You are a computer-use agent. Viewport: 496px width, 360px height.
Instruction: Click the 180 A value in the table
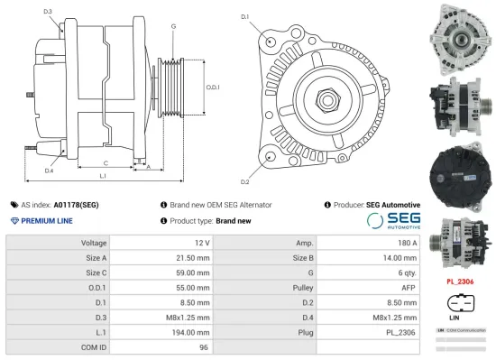[x=407, y=243]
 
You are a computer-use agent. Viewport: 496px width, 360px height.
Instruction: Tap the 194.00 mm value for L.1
[x=189, y=332]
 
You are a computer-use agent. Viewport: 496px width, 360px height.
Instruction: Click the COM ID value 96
[x=204, y=347]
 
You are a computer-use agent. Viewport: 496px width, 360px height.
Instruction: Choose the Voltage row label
[x=94, y=243]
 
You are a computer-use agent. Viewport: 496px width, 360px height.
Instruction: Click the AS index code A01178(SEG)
[x=76, y=205]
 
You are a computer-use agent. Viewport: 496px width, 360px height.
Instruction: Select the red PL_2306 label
[x=460, y=281]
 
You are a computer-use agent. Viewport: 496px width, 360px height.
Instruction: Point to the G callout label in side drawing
[x=173, y=26]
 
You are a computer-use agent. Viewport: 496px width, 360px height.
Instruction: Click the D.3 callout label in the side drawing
[x=47, y=12]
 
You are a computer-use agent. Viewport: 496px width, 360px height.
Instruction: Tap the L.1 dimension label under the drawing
[x=102, y=175]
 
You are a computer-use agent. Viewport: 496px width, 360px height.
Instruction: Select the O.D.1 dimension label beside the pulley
[x=213, y=87]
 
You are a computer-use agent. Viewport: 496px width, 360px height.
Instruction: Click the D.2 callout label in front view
[x=244, y=169]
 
